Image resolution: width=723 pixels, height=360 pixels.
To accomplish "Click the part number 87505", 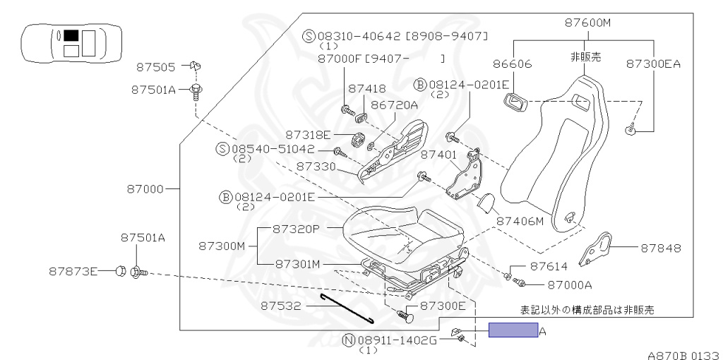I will (155, 68).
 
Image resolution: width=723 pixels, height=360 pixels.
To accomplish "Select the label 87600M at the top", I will (587, 23).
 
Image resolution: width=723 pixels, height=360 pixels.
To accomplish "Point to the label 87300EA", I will (653, 64).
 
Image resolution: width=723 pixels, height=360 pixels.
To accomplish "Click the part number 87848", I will (661, 248).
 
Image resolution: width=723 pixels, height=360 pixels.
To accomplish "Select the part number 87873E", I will (73, 270).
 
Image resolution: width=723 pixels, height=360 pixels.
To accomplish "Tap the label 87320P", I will (297, 230).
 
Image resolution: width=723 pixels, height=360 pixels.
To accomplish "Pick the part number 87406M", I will (520, 221).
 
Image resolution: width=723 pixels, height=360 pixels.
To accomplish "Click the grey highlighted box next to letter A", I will (513, 330).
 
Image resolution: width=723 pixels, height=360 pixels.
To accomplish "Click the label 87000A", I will (568, 284).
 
